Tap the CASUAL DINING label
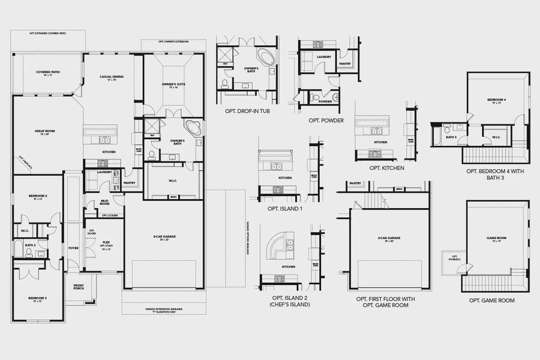112,78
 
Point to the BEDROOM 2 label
37,197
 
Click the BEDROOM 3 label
37,299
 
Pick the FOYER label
73,247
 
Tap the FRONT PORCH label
79,287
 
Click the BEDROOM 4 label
496,100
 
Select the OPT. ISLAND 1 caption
285,209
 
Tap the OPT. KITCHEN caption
386,169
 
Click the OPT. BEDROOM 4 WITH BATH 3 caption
496,175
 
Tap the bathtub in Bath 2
18,249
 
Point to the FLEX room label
106,242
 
